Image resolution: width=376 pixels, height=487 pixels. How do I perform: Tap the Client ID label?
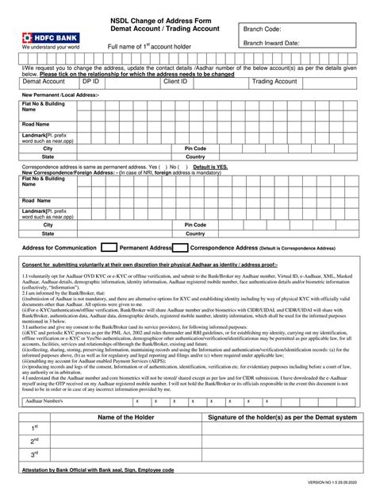175,82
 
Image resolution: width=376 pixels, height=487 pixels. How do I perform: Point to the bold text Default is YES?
210,167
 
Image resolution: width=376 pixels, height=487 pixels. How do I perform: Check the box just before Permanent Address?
110,248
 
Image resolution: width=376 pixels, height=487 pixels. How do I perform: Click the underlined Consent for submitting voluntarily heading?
150,264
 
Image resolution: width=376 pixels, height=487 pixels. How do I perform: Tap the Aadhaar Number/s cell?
43,402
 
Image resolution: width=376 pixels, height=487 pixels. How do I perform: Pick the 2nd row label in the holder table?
35,440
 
